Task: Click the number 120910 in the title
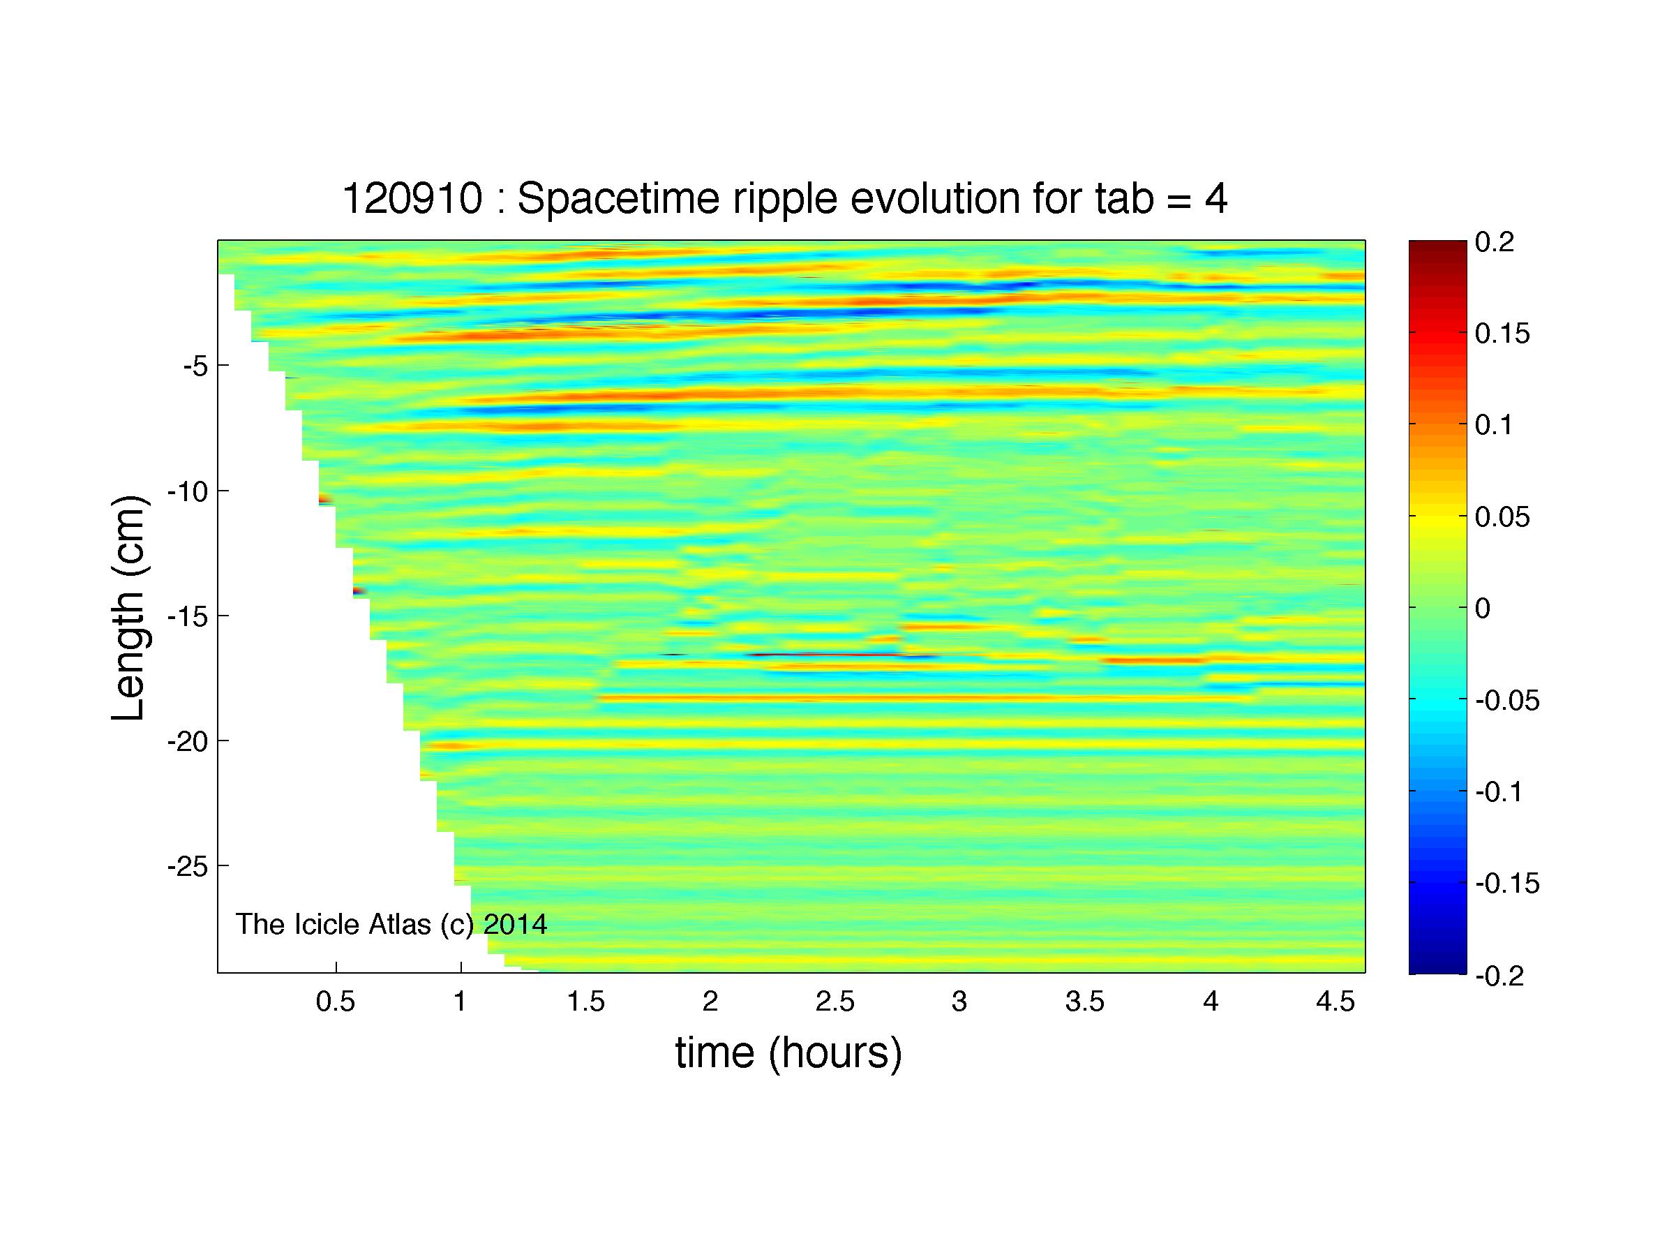pos(412,200)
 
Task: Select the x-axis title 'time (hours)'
pos(788,1053)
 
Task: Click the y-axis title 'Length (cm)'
pos(129,609)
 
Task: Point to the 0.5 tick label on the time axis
pos(336,1002)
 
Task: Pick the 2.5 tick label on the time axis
pos(835,1002)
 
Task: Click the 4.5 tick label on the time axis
pos(1335,1002)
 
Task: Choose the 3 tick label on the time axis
pos(959,1002)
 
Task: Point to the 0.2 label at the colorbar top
pos(1494,243)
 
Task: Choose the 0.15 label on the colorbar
pos(1502,334)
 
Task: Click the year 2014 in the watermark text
pos(515,924)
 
